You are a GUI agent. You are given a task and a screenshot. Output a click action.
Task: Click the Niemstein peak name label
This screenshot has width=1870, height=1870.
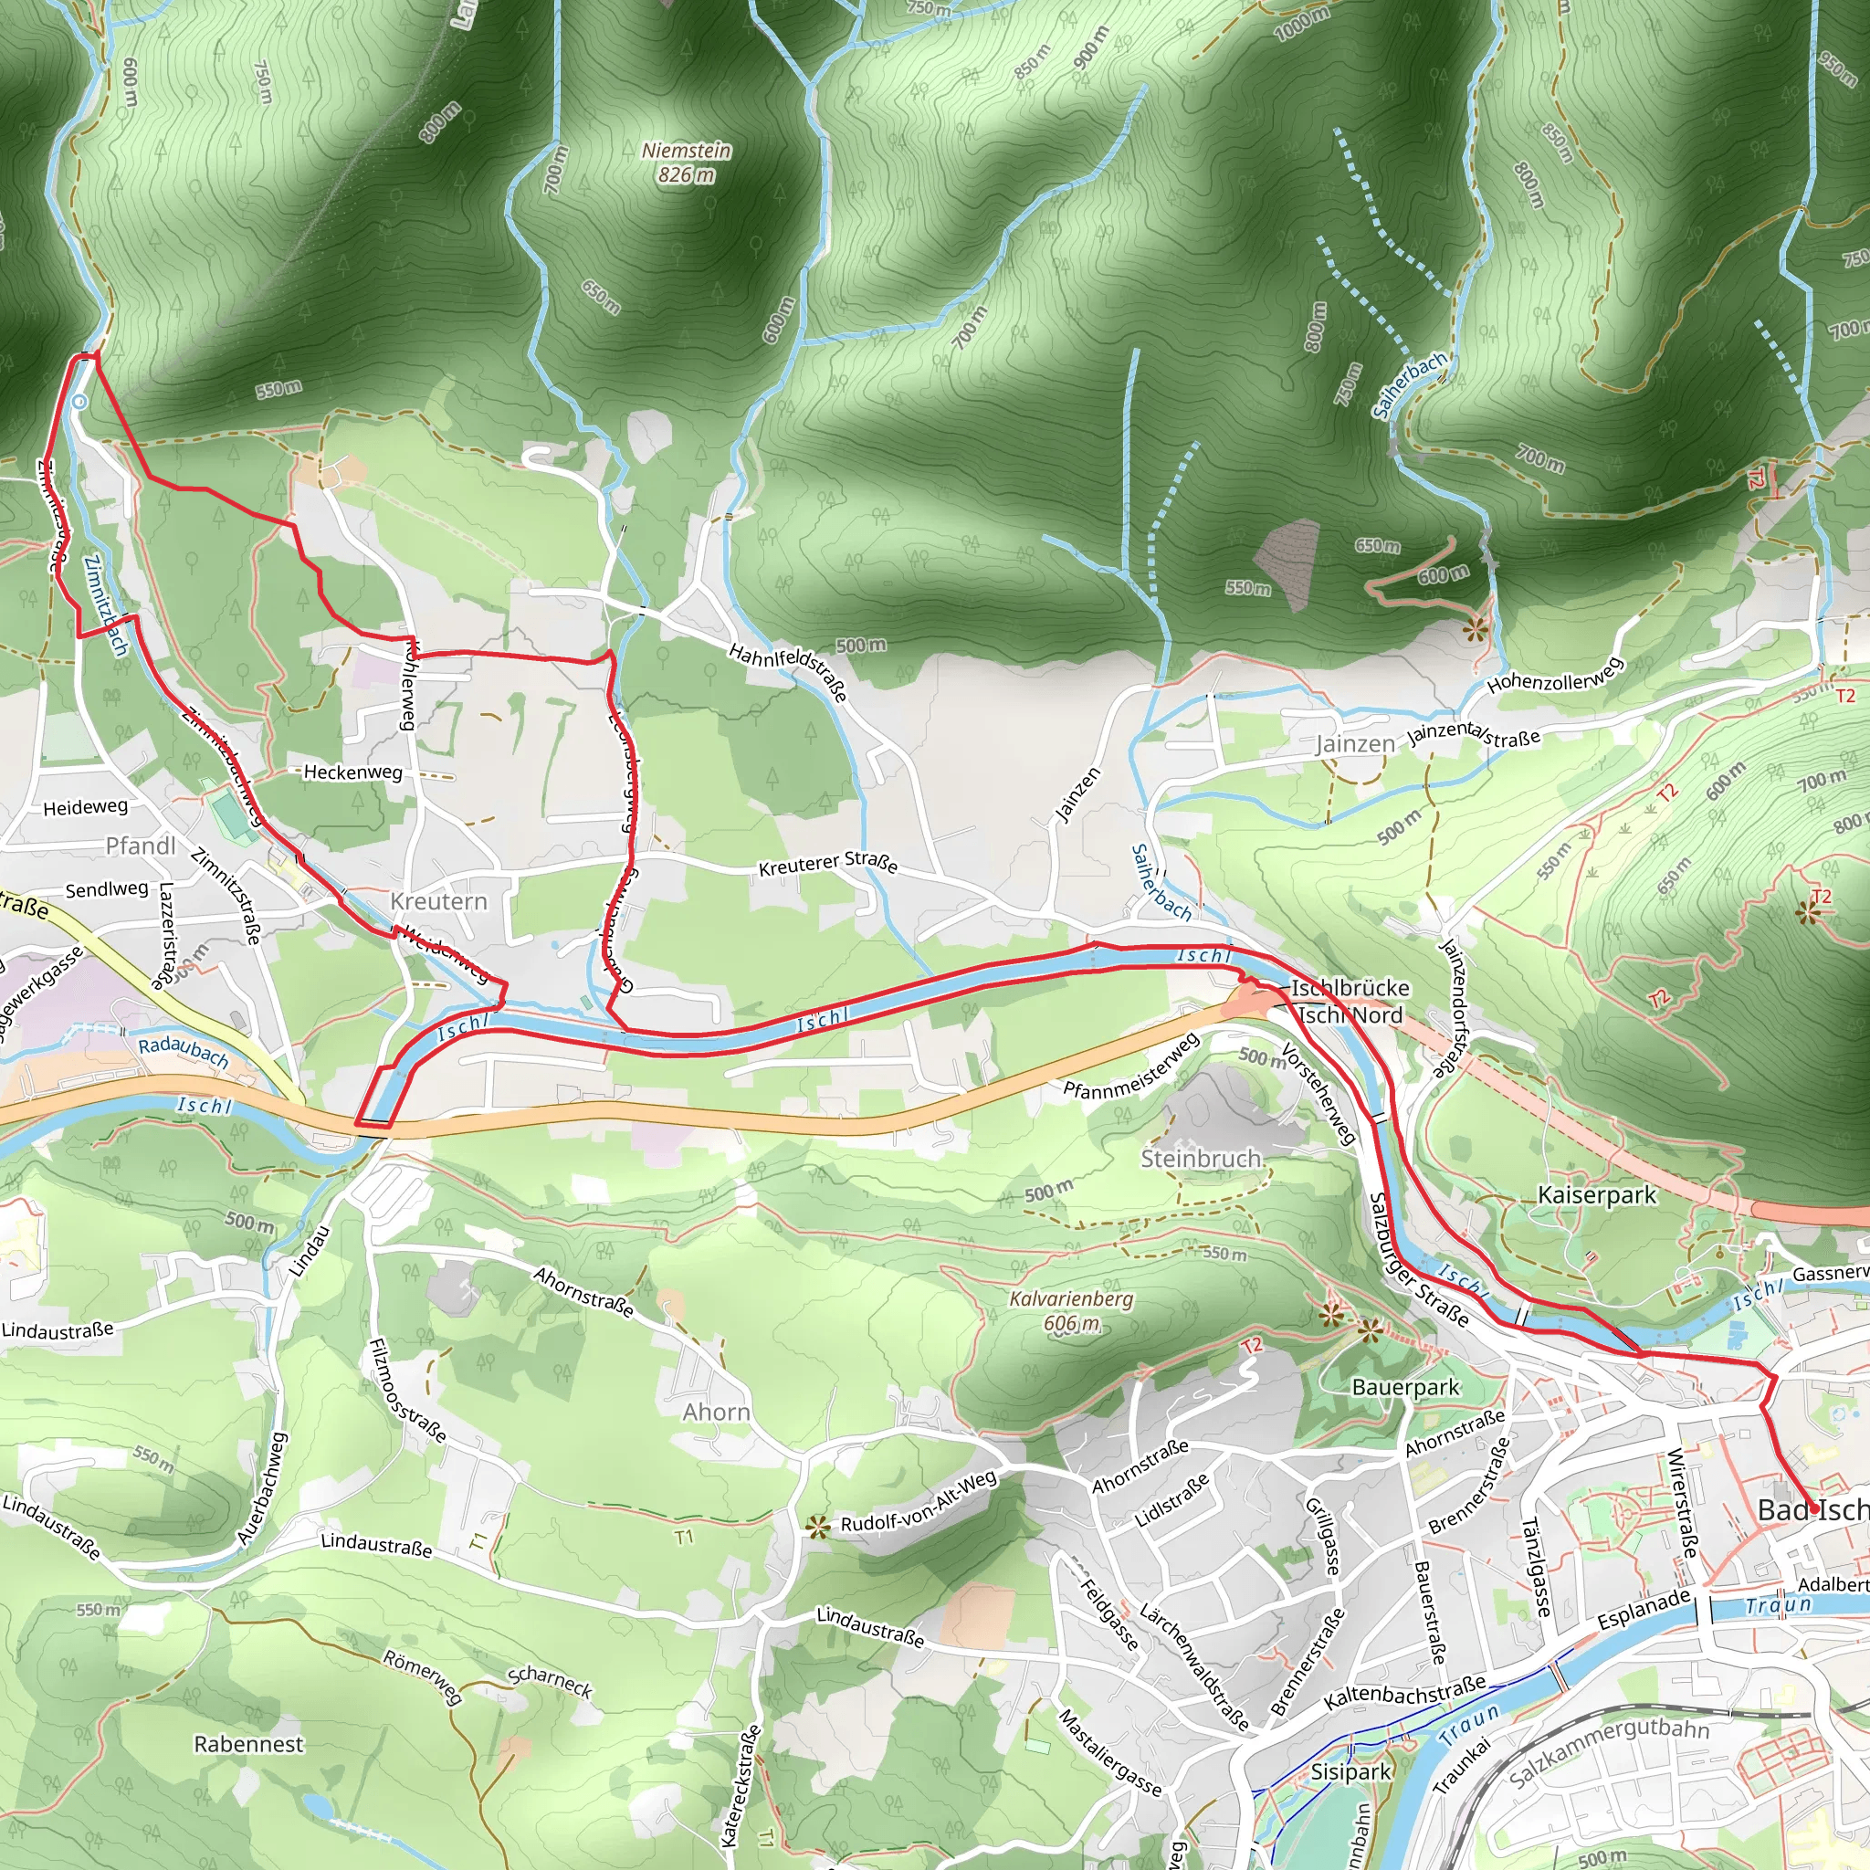(x=687, y=151)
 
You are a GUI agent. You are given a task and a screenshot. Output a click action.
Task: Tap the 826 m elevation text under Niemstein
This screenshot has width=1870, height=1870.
(x=687, y=175)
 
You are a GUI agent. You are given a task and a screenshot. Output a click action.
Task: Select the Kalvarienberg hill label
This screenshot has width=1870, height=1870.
(x=1070, y=1299)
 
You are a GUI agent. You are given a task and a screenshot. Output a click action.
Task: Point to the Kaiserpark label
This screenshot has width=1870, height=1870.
(x=1597, y=1195)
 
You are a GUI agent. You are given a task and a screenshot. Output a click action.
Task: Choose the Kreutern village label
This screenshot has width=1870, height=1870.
(x=438, y=901)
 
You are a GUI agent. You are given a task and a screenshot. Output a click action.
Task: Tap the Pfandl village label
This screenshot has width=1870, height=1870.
(x=141, y=846)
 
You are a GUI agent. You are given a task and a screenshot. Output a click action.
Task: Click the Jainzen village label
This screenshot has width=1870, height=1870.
(x=1354, y=744)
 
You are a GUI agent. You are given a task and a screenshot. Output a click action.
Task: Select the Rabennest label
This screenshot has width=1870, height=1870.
(x=248, y=1744)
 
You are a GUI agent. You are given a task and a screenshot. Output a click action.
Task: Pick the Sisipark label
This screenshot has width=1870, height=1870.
(x=1350, y=1772)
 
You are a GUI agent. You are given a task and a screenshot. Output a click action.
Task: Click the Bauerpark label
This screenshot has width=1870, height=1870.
(x=1404, y=1387)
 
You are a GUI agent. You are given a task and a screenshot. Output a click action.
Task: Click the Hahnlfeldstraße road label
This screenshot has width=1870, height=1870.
(x=788, y=671)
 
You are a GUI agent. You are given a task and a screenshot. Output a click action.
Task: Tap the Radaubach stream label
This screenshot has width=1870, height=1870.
(x=183, y=1051)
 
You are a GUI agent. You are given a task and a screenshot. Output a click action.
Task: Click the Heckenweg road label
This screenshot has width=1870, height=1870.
(x=352, y=772)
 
